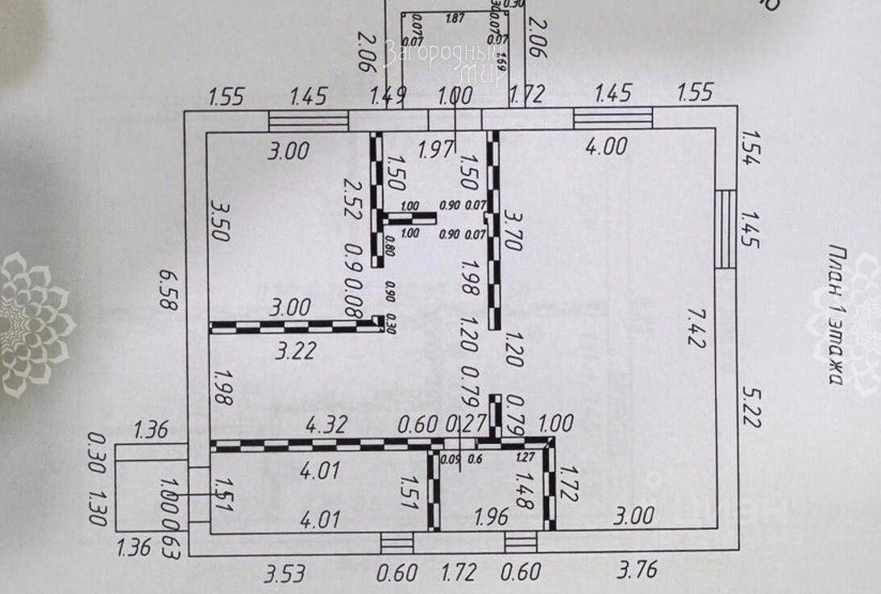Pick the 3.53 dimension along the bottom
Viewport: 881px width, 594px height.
(x=285, y=573)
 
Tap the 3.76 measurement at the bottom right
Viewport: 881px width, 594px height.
(x=636, y=570)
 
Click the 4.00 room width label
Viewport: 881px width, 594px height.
(x=605, y=147)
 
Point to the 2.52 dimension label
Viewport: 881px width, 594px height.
(x=350, y=199)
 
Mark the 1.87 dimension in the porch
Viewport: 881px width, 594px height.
(x=456, y=18)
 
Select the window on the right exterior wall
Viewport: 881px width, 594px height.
(x=725, y=229)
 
